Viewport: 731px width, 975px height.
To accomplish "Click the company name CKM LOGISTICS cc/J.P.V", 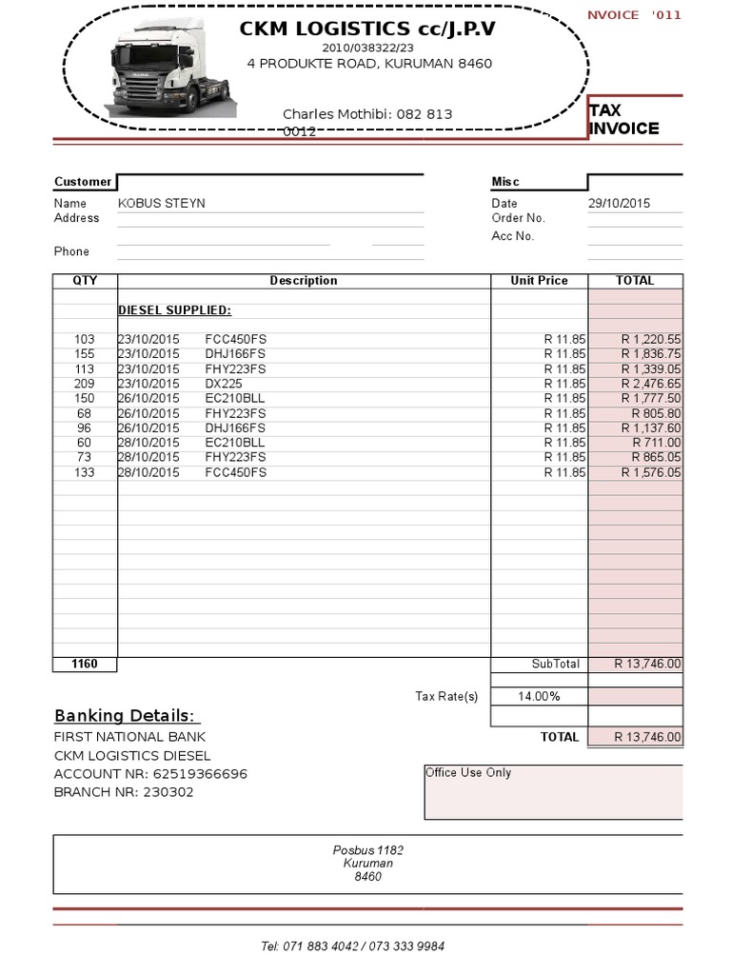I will [x=368, y=30].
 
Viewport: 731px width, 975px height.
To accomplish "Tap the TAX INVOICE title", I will [x=623, y=120].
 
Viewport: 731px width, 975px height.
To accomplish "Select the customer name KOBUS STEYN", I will [x=162, y=203].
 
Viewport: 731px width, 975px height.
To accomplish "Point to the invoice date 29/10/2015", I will [x=619, y=203].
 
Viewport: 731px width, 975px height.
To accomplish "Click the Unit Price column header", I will [x=539, y=281].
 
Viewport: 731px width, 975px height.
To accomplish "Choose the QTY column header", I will [x=85, y=281].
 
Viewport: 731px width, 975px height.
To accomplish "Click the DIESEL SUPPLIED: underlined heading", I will [x=174, y=310].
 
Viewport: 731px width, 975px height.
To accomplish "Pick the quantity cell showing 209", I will [x=85, y=384].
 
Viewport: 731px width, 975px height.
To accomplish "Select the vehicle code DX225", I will [x=223, y=384].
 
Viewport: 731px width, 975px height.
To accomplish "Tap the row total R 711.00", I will [x=656, y=443].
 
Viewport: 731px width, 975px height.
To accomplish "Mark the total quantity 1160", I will [x=85, y=664].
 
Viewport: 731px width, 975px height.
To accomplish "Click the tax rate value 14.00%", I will [x=539, y=696].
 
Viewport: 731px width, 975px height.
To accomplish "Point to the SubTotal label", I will [x=555, y=664].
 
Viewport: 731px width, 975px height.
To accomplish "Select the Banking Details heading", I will [x=125, y=716].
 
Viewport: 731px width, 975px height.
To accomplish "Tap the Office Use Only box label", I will [x=468, y=772].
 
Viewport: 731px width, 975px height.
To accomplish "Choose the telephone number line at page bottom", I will [x=352, y=946].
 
